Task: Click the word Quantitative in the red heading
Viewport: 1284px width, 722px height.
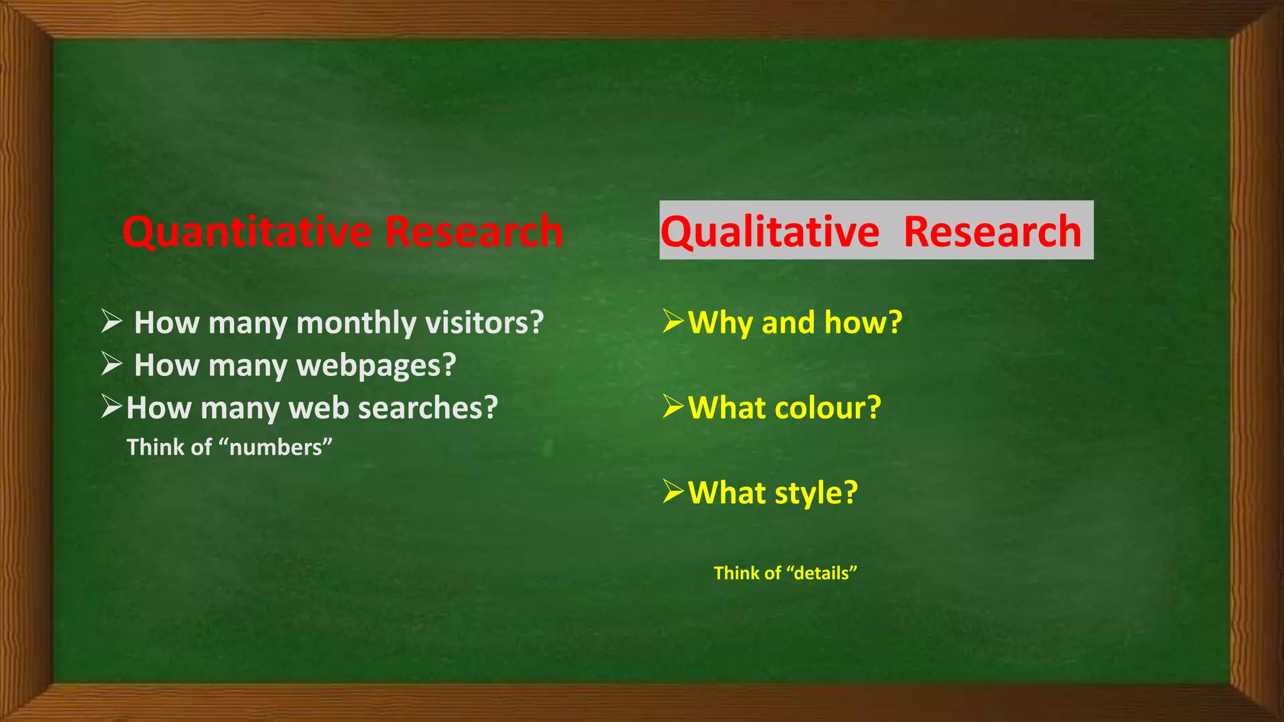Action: [247, 232]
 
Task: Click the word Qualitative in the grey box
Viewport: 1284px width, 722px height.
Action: [770, 232]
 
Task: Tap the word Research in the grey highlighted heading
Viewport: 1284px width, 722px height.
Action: [992, 232]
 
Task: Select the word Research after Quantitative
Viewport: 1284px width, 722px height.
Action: [474, 232]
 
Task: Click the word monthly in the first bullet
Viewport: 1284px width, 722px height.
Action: [356, 323]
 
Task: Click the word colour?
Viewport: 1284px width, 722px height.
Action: [828, 408]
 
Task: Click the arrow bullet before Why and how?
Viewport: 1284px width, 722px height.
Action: [673, 322]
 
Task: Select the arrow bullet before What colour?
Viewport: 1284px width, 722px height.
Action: [673, 407]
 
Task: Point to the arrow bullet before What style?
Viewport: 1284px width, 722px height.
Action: [673, 492]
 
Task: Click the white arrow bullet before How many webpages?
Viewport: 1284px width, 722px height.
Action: [112, 364]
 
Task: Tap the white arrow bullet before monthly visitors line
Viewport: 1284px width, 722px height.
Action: [112, 322]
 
